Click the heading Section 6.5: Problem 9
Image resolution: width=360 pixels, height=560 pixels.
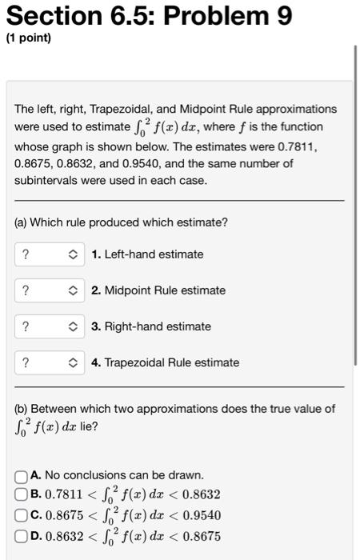[x=149, y=15]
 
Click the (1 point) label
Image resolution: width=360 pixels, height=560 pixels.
[x=28, y=38]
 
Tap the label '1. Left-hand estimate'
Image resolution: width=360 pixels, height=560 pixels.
[x=148, y=254]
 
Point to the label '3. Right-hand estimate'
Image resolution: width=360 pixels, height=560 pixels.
[x=151, y=326]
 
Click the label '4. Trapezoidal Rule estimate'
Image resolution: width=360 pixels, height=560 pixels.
[x=166, y=362]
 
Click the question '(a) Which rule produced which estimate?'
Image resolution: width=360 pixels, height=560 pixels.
[x=121, y=222]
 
